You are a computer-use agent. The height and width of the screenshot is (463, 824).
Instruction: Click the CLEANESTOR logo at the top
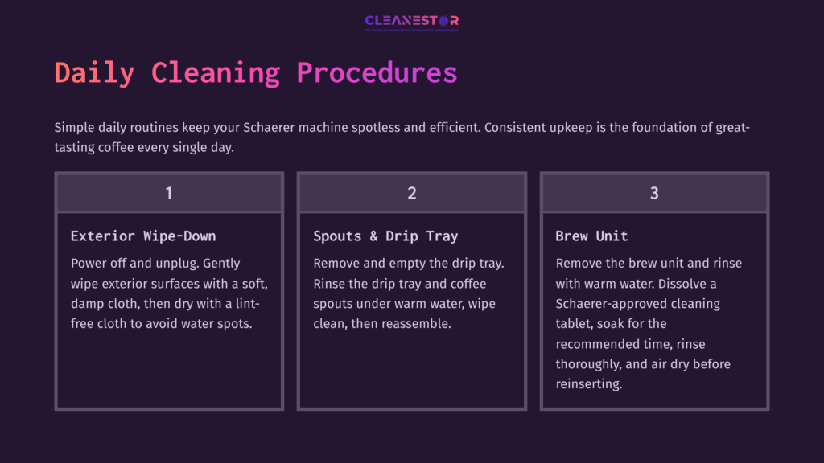[x=411, y=21]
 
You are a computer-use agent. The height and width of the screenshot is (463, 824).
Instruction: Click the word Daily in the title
[x=94, y=72]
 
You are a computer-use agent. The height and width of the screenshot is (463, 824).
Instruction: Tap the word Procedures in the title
[x=377, y=72]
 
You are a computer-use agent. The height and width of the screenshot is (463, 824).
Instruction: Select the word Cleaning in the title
[x=215, y=72]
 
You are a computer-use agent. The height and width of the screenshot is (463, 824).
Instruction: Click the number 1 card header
[x=169, y=193]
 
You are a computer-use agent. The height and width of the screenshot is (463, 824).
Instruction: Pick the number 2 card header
[x=411, y=193]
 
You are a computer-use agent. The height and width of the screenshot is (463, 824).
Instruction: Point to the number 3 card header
[x=654, y=193]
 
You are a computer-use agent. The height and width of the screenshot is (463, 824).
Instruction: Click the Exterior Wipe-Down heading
[x=143, y=236]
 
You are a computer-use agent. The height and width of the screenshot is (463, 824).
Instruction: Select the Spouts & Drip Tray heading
[x=385, y=236]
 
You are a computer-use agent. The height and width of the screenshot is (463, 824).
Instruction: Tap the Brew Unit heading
[x=591, y=236]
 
